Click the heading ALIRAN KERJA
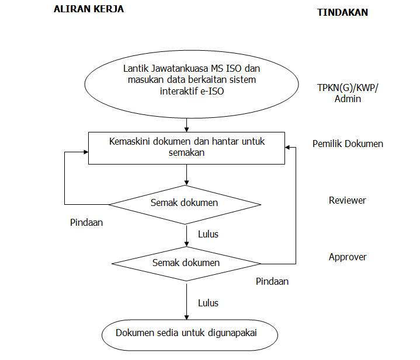pos(88,9)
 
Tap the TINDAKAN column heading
pos(342,12)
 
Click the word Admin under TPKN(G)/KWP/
pos(348,99)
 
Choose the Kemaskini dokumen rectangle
pos(186,148)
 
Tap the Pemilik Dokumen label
pos(348,144)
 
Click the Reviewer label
pos(347,200)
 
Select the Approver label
pos(348,257)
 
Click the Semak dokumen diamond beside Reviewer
pos(185,203)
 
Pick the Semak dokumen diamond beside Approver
pos(186,263)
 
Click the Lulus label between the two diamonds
pos(208,234)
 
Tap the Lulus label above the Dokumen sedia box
pos(208,303)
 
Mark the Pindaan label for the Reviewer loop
pos(86,222)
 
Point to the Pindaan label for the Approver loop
pos(272,281)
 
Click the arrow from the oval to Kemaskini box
pos(186,125)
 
